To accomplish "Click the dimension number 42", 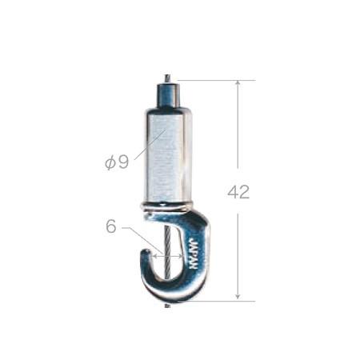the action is [238, 192].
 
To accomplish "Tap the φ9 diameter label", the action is [117, 162].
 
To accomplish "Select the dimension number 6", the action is [111, 226].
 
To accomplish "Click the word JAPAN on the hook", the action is [194, 254].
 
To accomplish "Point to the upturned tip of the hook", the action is [146, 252].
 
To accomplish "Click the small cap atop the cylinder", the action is [167, 94].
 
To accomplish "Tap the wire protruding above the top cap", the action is [167, 78].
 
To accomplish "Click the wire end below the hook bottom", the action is [167, 306].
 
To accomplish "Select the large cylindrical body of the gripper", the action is [167, 154].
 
